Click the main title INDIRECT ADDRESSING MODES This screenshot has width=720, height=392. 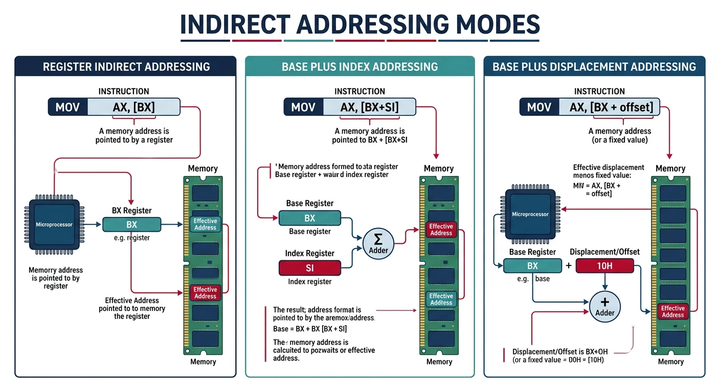pyautogui.click(x=360, y=24)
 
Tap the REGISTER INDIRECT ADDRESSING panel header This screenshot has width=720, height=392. pyautogui.click(x=126, y=66)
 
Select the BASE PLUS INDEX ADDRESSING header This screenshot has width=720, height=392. pyautogui.click(x=359, y=66)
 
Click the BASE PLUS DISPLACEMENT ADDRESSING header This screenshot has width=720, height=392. pyautogui.click(x=594, y=66)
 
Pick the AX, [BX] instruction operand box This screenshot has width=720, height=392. pyautogui.click(x=133, y=107)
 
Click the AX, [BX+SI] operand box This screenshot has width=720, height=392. pyautogui.click(x=369, y=107)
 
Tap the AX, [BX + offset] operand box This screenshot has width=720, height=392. pyautogui.click(x=614, y=107)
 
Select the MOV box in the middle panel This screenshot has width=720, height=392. pyautogui.click(x=303, y=107)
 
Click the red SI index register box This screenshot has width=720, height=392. pyautogui.click(x=309, y=268)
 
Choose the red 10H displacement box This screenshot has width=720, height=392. pyautogui.click(x=604, y=266)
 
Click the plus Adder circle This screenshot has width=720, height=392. pyautogui.click(x=605, y=306)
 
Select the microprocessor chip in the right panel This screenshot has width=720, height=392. pyautogui.click(x=530, y=214)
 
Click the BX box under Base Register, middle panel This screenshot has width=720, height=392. pyautogui.click(x=309, y=218)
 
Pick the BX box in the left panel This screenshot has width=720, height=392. pyautogui.click(x=131, y=225)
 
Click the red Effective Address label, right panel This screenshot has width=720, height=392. pyautogui.click(x=672, y=311)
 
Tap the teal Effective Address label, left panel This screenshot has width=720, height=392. pyautogui.click(x=205, y=224)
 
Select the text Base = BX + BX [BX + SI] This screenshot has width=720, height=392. pyautogui.click(x=310, y=329)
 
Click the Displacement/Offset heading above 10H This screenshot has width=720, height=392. pyautogui.click(x=604, y=252)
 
